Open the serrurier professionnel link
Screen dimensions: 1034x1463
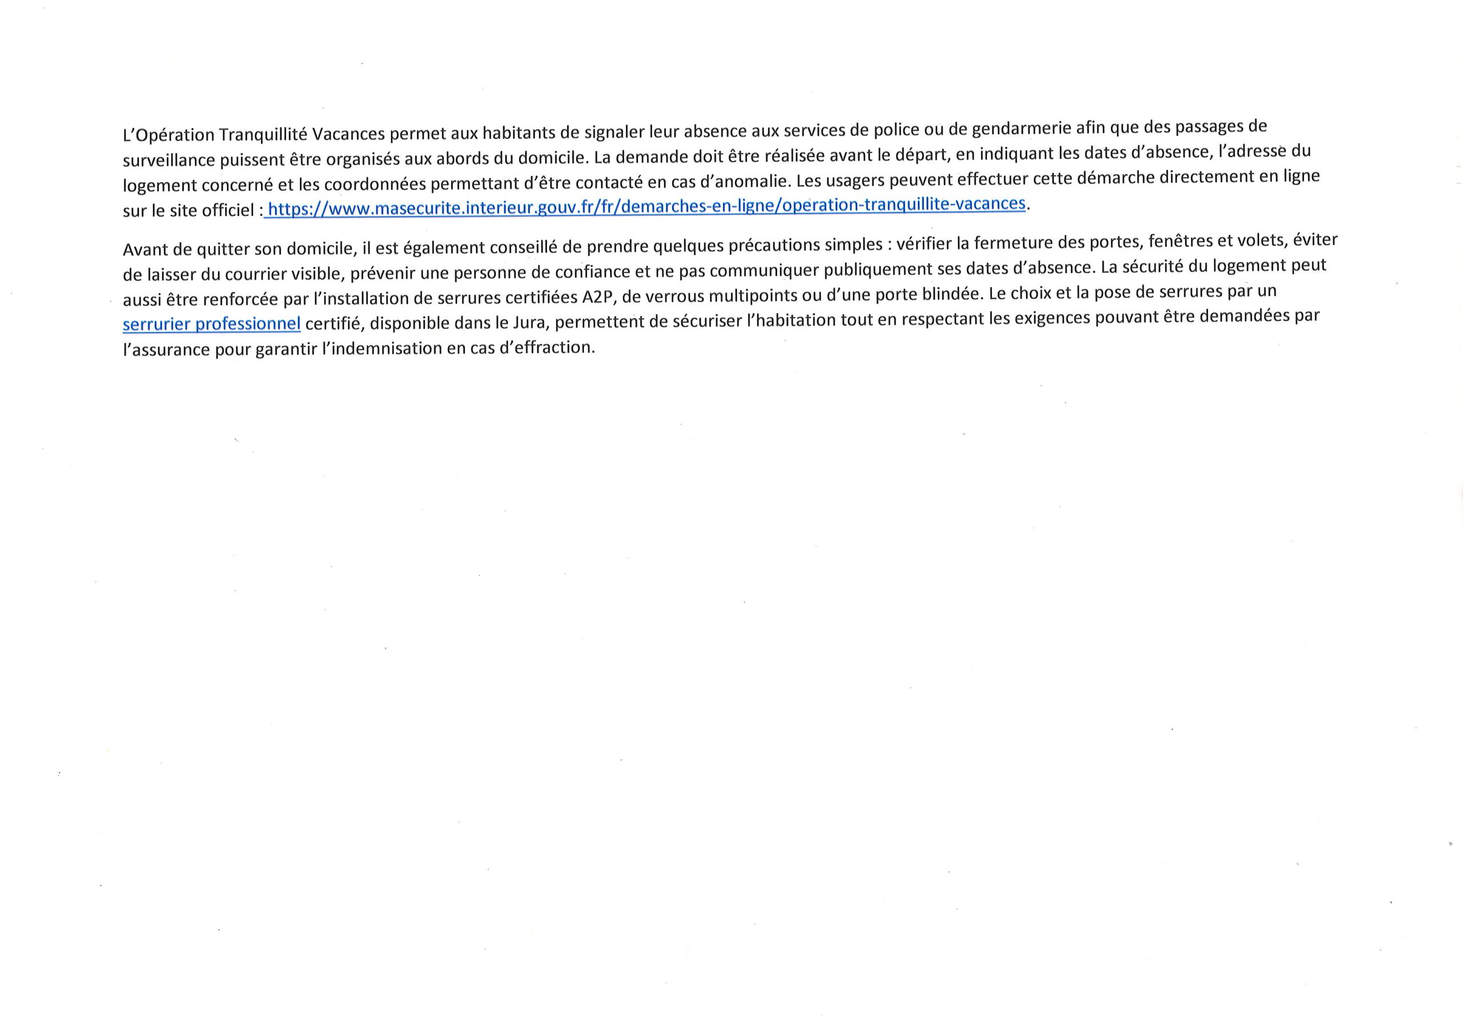[211, 324]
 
